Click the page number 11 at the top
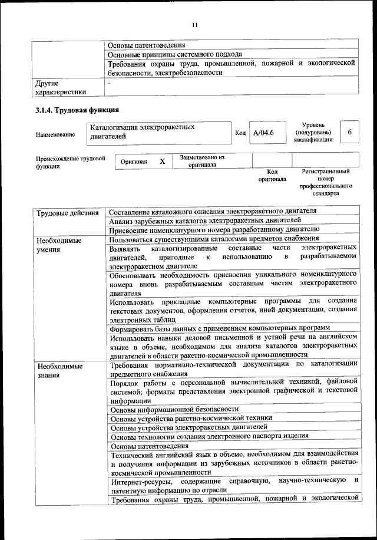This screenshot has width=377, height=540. click(x=197, y=25)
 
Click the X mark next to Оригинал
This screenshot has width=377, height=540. click(x=162, y=160)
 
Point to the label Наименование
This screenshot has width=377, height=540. click(x=55, y=135)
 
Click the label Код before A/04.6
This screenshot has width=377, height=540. click(x=240, y=133)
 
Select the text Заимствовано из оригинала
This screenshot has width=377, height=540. click(x=203, y=161)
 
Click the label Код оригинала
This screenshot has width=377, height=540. click(x=272, y=175)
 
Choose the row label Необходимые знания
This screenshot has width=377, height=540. click(x=57, y=370)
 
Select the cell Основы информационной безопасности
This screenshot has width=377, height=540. click(x=174, y=409)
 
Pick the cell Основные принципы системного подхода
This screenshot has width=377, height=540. click(x=175, y=54)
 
